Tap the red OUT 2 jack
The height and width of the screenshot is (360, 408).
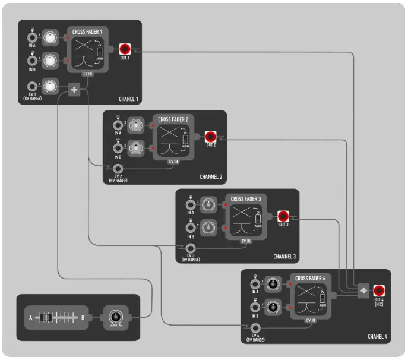tap(210, 137)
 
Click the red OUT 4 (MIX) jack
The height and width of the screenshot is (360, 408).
tap(379, 290)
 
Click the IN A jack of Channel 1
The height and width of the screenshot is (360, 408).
tap(32, 39)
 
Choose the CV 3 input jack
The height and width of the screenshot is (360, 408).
tap(190, 248)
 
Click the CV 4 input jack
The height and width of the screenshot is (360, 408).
tap(255, 329)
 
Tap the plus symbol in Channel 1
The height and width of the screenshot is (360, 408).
tap(74, 90)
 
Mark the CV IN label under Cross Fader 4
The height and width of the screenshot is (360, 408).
tap(311, 320)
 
